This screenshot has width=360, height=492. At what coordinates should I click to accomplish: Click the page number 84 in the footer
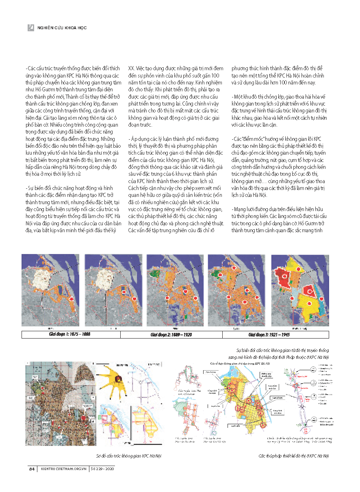click(x=31, y=469)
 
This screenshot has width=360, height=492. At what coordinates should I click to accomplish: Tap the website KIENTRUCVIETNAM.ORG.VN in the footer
click(x=63, y=469)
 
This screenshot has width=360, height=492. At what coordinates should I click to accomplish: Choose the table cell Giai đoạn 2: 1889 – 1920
click(x=171, y=334)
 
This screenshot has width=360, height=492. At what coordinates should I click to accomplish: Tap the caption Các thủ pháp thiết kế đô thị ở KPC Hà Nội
click(x=294, y=456)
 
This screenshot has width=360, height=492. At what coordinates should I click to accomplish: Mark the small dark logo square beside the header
click(x=30, y=28)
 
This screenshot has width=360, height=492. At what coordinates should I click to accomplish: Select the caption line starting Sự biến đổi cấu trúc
click(x=282, y=350)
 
